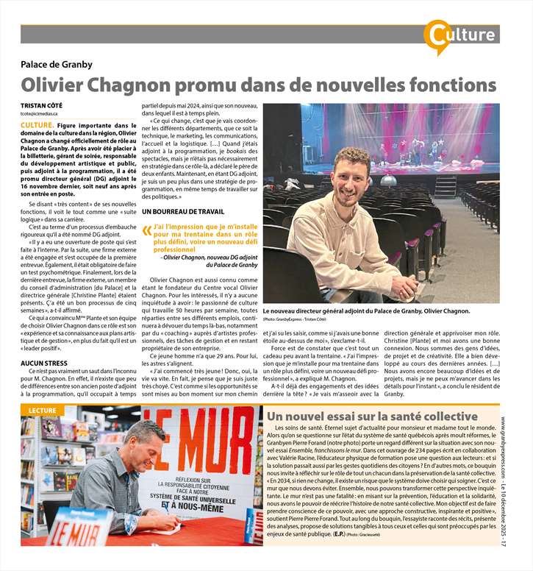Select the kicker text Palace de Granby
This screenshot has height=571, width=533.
[60, 64]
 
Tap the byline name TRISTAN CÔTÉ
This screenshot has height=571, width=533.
[42, 104]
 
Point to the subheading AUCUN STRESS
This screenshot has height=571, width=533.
[46, 363]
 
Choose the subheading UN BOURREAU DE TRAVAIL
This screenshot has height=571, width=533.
[184, 212]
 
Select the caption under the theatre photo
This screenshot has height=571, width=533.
[365, 311]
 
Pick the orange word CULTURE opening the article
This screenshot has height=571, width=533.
[36, 126]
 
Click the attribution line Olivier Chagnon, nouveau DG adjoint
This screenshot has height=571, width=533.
[210, 257]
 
